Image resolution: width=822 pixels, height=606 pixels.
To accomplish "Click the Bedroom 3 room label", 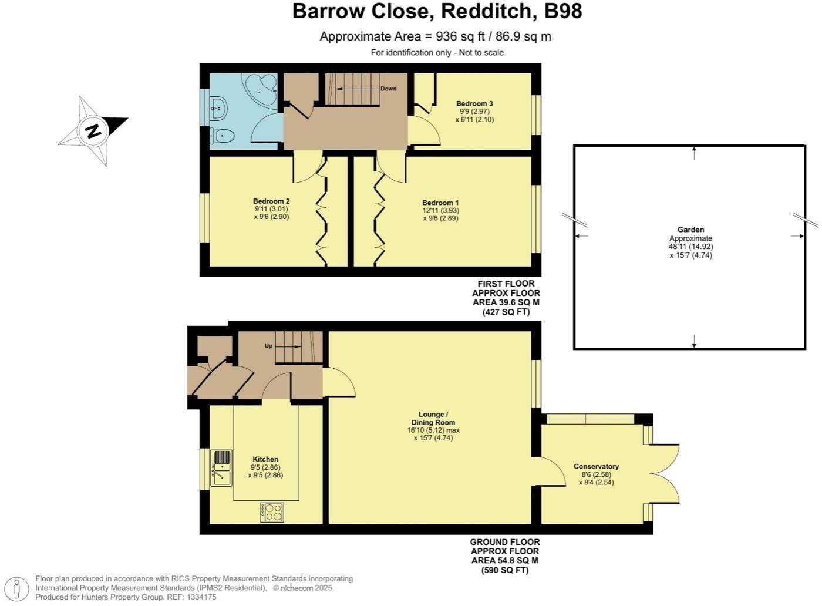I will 474,104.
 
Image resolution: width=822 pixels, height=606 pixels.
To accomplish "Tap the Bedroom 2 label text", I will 271,201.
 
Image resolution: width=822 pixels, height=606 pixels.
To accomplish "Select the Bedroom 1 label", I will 440,203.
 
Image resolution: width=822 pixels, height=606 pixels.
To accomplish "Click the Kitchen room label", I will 265,459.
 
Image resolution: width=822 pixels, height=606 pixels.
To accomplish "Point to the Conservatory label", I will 596,467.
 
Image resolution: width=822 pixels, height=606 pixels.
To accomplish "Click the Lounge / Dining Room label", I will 433,418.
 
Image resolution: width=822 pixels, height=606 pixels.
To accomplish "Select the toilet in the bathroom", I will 224,136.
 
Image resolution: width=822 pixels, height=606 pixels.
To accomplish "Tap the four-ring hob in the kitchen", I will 272,512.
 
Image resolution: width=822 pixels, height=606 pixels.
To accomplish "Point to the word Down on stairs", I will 388,89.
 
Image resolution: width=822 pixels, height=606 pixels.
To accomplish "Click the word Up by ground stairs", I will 268,346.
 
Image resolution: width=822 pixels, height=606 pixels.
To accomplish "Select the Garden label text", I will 690,230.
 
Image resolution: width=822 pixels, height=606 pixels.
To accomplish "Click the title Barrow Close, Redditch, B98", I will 437,11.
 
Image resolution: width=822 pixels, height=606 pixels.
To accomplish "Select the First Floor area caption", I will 506,298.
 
